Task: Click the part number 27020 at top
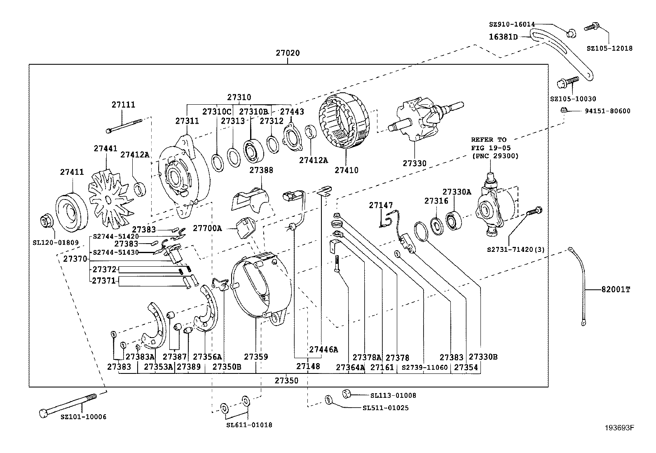coord(288,53)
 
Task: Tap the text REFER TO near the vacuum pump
coord(489,140)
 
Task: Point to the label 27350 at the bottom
coord(287,380)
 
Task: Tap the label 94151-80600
coord(607,111)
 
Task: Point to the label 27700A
coord(207,228)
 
